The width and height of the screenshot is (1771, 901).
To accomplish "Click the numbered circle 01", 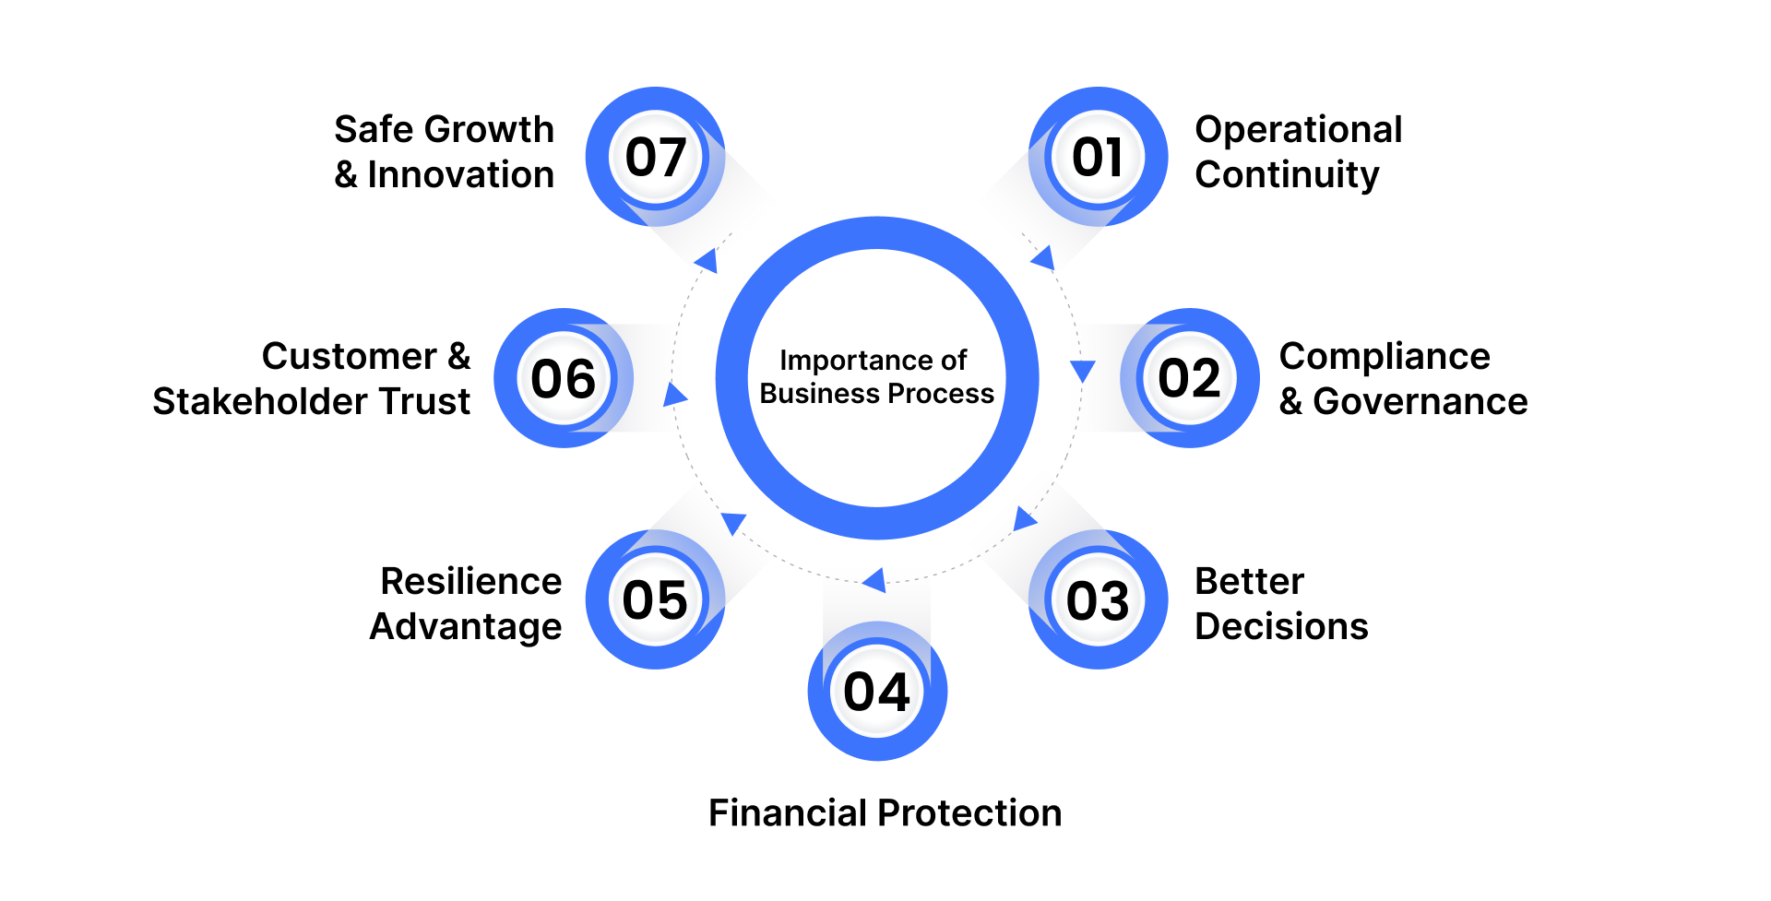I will (x=1098, y=157).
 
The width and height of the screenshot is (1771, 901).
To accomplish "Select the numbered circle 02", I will (x=1190, y=378).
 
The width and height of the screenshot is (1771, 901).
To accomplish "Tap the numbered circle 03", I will (x=1098, y=600).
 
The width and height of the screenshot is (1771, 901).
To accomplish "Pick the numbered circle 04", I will (x=877, y=692).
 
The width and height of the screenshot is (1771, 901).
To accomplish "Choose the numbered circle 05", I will (x=655, y=600).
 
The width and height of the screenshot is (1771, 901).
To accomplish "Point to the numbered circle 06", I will (x=564, y=378).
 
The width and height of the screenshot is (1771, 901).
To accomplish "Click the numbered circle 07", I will (x=655, y=157).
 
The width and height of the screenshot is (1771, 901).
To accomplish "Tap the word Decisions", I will (x=1281, y=627).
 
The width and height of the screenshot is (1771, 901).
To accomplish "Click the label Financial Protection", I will (x=885, y=813).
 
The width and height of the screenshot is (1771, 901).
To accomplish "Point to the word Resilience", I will (x=470, y=582).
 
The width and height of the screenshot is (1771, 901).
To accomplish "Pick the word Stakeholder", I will (x=261, y=402).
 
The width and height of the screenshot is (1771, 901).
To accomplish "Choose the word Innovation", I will (x=460, y=175).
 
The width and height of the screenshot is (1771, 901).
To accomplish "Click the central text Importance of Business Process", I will (x=876, y=377).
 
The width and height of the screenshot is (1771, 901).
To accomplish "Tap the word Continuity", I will (x=1287, y=175).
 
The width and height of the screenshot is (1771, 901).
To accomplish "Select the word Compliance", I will (x=1385, y=357).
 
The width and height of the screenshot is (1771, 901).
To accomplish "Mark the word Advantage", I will (x=466, y=627).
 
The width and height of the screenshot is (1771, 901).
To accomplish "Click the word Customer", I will (x=349, y=357).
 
